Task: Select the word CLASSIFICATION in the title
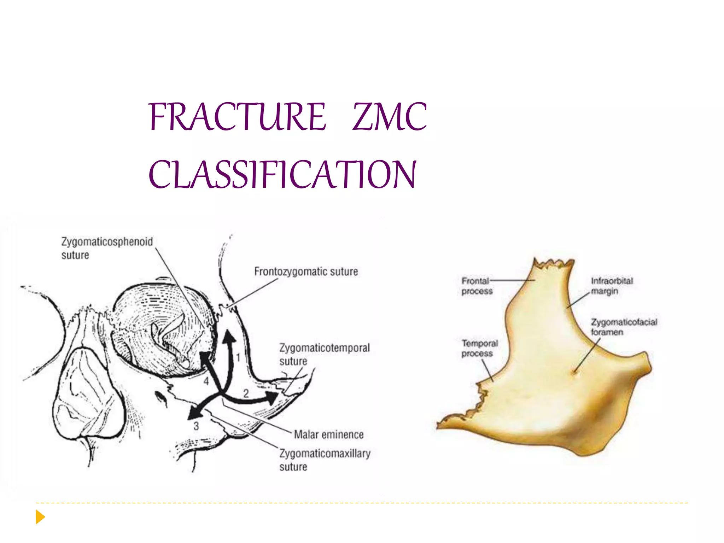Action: pos(282,174)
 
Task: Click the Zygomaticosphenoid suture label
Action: pos(107,248)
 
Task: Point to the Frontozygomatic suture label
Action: pos(306,271)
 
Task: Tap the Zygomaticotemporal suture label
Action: pos(324,354)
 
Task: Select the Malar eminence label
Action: pos(328,434)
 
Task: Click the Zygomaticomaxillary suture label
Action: pos(325,460)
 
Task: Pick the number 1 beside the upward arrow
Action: pos(238,357)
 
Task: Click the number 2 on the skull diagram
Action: pos(246,393)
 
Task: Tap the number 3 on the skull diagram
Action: pos(196,426)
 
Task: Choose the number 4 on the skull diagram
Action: pos(206,381)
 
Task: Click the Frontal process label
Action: pos(477,286)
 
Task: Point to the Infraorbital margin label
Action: pos(612,286)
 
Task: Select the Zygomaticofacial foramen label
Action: pos(624,327)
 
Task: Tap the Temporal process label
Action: pos(479,348)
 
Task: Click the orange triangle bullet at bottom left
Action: pos(40,517)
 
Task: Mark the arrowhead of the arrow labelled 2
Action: pos(272,398)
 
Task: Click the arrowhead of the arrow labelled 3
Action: pos(193,413)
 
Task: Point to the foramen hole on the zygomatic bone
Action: pos(575,372)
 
